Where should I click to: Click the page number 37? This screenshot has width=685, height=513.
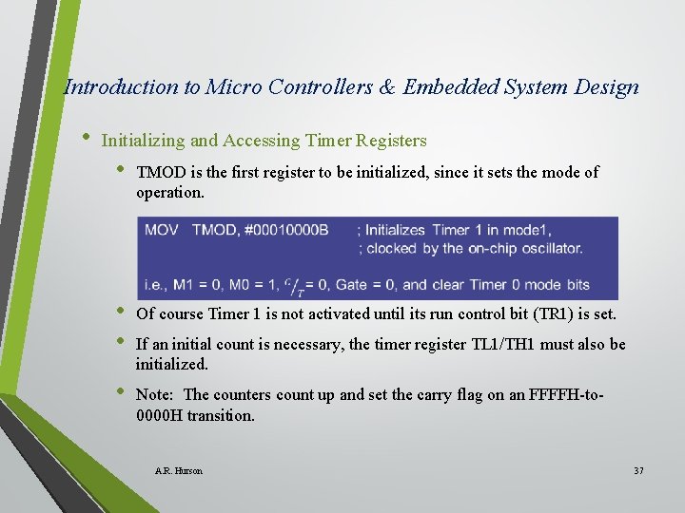[638, 471]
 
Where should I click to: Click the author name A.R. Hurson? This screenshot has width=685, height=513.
[178, 471]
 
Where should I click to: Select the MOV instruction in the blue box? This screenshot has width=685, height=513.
[162, 230]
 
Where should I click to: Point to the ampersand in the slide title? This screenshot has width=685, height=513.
[385, 87]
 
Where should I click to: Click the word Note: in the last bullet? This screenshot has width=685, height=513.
[156, 394]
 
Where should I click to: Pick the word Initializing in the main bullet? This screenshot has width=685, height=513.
[143, 141]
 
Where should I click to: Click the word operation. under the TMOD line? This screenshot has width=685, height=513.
[170, 192]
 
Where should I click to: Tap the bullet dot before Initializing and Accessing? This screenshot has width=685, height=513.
[86, 137]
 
